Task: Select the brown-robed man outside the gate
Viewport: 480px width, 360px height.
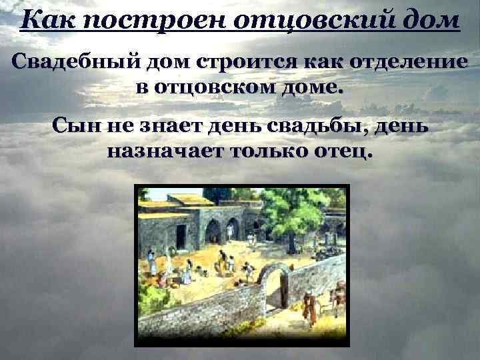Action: (x=309, y=305)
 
